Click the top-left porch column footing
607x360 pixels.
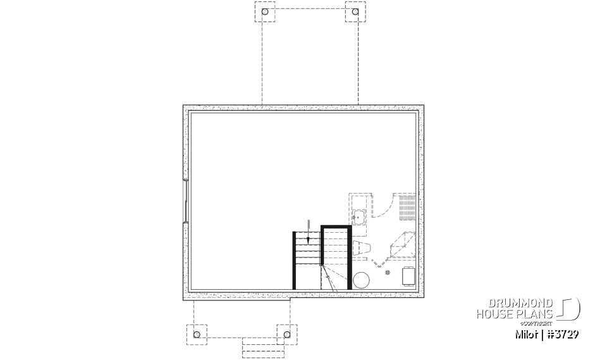[265, 12]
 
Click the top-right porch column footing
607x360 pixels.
[355, 12]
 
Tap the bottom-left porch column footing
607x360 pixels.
[197, 333]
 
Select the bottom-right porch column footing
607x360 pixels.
[286, 333]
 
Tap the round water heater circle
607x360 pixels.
[362, 280]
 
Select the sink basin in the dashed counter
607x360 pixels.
[359, 217]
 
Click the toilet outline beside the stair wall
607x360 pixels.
[361, 247]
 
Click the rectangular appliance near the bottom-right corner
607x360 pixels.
[408, 276]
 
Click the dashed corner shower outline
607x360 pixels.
[401, 245]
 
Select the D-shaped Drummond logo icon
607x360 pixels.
[570, 309]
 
